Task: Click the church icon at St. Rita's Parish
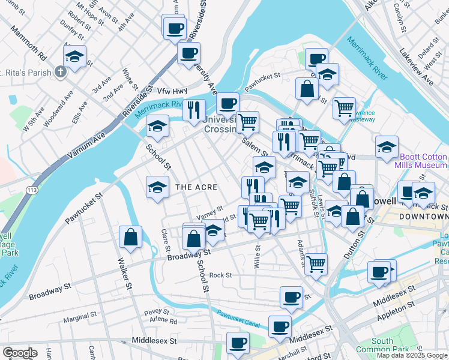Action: (60, 72)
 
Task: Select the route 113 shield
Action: (29, 190)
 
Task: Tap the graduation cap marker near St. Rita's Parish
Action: (75, 58)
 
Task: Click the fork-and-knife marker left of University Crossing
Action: (194, 110)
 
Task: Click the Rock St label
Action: (220, 275)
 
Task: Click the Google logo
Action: (20, 352)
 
